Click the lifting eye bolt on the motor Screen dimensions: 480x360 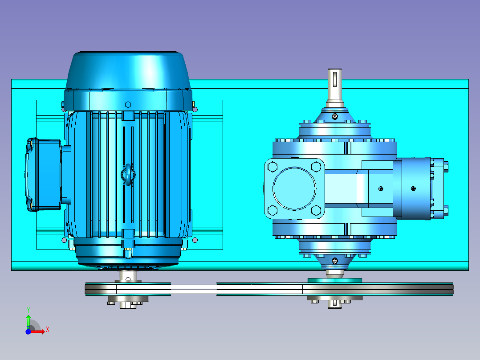coord(128,175)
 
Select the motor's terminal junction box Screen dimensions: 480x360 coord(44,174)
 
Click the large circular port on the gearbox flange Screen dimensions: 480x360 coord(294,188)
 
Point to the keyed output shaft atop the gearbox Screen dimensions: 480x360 coord(334,88)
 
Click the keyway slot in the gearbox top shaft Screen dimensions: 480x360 coord(334,79)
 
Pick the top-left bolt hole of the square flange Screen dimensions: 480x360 coord(273,167)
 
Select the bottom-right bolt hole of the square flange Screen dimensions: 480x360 coord(316,210)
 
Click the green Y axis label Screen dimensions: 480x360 coord(28,310)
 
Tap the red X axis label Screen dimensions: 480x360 coord(48,330)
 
